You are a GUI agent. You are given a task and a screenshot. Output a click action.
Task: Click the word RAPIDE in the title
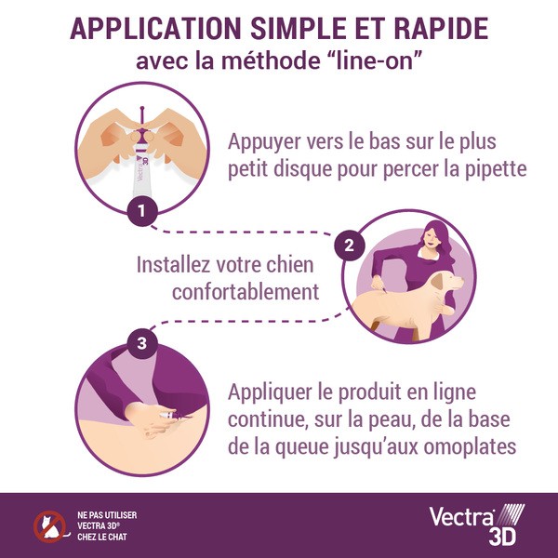click(x=431, y=28)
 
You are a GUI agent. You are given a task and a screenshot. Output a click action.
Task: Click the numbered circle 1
click(x=141, y=211)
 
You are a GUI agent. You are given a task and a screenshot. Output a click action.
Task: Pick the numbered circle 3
click(x=141, y=344)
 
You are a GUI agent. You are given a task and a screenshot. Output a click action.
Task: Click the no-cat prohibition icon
click(x=46, y=526)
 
